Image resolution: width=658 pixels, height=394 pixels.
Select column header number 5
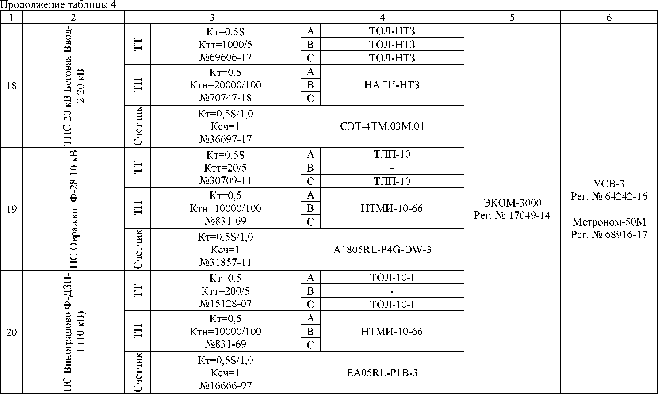pos(512,18)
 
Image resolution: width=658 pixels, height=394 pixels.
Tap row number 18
pos(11,86)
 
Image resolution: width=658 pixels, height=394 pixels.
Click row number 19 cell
pos(11,209)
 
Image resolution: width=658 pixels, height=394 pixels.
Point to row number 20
pos(11,332)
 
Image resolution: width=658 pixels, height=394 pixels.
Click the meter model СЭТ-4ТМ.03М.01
pos(383,126)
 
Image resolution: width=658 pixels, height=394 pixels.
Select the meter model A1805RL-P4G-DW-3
pos(383,250)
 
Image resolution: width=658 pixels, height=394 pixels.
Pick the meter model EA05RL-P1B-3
pos(383,373)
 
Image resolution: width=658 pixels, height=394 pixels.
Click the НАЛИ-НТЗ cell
pos(392,85)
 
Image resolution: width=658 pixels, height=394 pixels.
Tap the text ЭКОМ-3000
pos(512,203)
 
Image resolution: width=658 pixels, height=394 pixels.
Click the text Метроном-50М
pos(609,222)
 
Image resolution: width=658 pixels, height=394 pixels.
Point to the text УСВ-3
pos(609,184)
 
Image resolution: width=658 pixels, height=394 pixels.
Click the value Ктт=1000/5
pos(226,45)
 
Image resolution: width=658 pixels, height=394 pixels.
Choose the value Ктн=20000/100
pos(226,85)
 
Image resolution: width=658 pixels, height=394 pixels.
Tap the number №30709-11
pos(226,180)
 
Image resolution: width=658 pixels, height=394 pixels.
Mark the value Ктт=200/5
pos(226,291)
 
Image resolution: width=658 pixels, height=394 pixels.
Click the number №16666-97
pos(226,386)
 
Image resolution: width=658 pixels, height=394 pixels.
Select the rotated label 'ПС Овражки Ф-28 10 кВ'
pos(73,209)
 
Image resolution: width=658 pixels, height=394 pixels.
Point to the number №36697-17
pos(226,139)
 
